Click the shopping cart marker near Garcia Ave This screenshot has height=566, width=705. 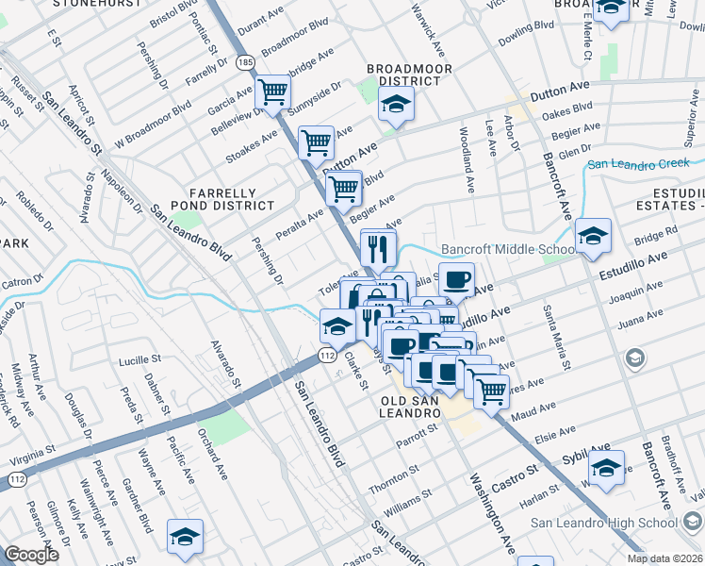273,92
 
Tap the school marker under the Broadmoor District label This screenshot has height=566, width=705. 397,104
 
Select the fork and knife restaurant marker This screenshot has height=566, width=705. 378,248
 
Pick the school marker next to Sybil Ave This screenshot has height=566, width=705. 606,467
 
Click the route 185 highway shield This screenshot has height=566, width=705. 246,62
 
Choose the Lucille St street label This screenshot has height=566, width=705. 140,361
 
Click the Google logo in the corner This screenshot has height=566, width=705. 31,554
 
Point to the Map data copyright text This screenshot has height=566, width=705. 664,558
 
